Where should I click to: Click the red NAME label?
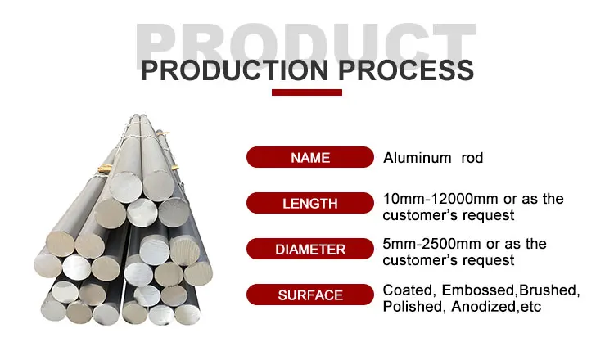(309, 157)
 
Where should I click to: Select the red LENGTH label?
(309, 202)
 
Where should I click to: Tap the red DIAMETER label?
(309, 248)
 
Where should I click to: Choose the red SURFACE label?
(309, 295)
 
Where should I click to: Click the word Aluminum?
(417, 158)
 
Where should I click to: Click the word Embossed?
(479, 290)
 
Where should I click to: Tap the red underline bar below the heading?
(306, 92)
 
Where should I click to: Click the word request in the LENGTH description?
(488, 215)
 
